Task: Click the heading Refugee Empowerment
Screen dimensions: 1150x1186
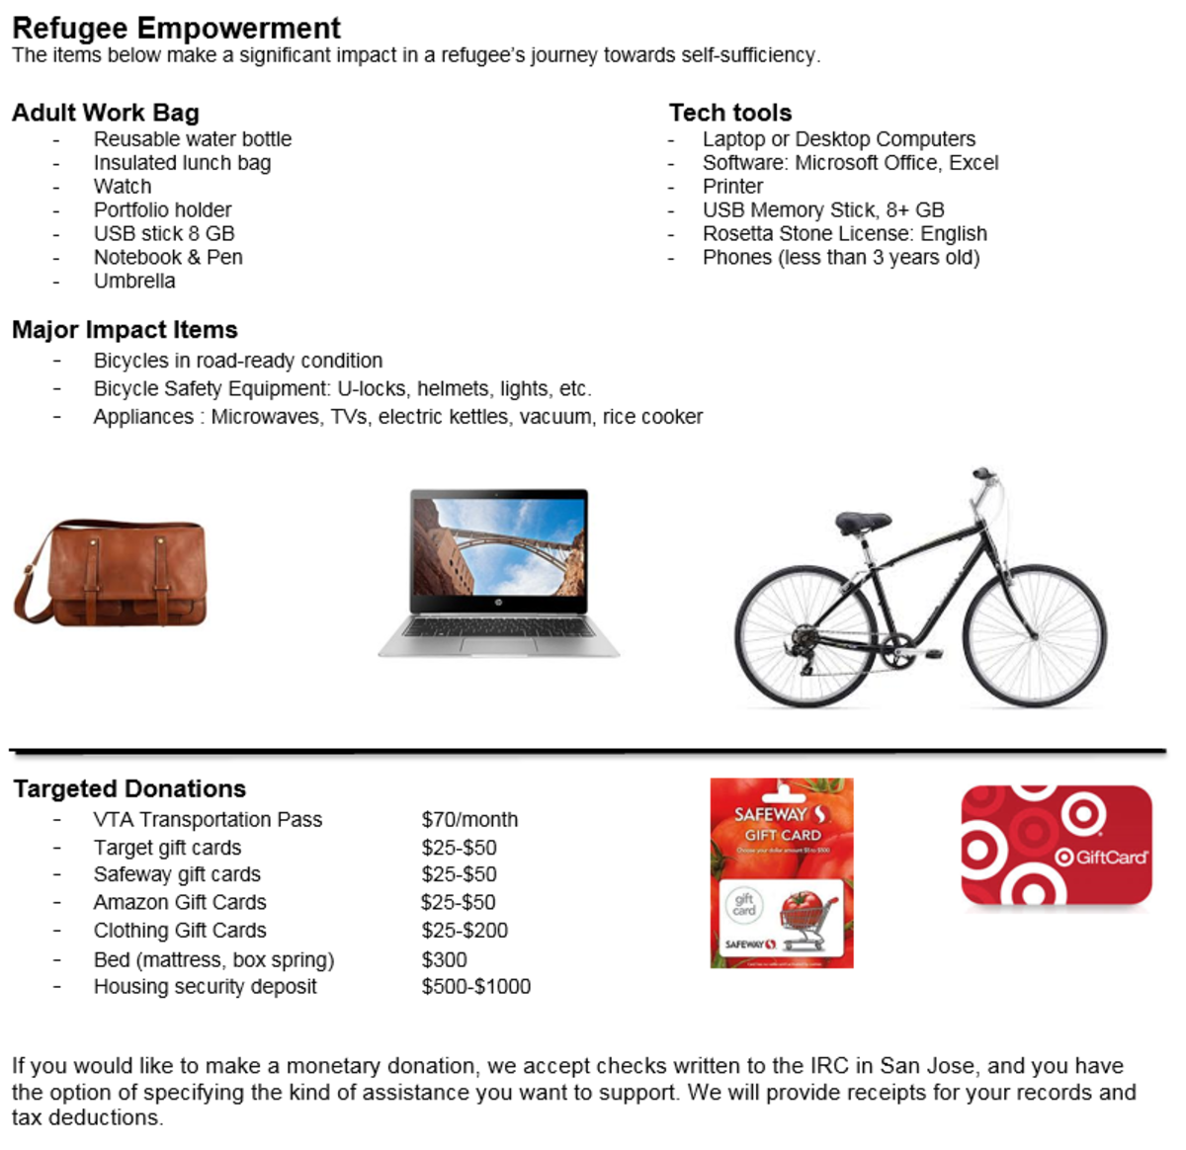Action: click(176, 28)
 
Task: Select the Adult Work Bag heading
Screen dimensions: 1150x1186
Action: click(106, 113)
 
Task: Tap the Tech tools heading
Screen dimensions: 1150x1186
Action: click(730, 113)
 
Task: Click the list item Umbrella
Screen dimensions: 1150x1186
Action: click(134, 281)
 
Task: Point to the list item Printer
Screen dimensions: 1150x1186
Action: click(732, 186)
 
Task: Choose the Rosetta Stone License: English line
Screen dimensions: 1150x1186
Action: click(844, 233)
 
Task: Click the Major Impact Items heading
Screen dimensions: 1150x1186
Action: click(125, 329)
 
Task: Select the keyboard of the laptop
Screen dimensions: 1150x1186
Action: click(499, 627)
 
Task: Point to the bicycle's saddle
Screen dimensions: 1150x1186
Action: click(862, 521)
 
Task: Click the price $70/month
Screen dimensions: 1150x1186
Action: click(469, 819)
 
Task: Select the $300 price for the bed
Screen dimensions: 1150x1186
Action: click(444, 959)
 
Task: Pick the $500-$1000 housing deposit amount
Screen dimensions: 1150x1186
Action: click(475, 986)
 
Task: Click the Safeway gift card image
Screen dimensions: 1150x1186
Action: click(781, 872)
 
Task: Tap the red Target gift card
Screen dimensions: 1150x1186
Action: click(1057, 846)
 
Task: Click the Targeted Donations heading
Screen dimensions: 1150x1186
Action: click(129, 788)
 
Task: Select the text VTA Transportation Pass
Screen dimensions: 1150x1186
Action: click(208, 819)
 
